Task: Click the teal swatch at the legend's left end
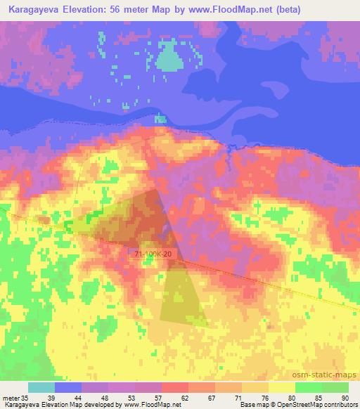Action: coord(41,387)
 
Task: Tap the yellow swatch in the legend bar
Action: coord(281,387)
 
